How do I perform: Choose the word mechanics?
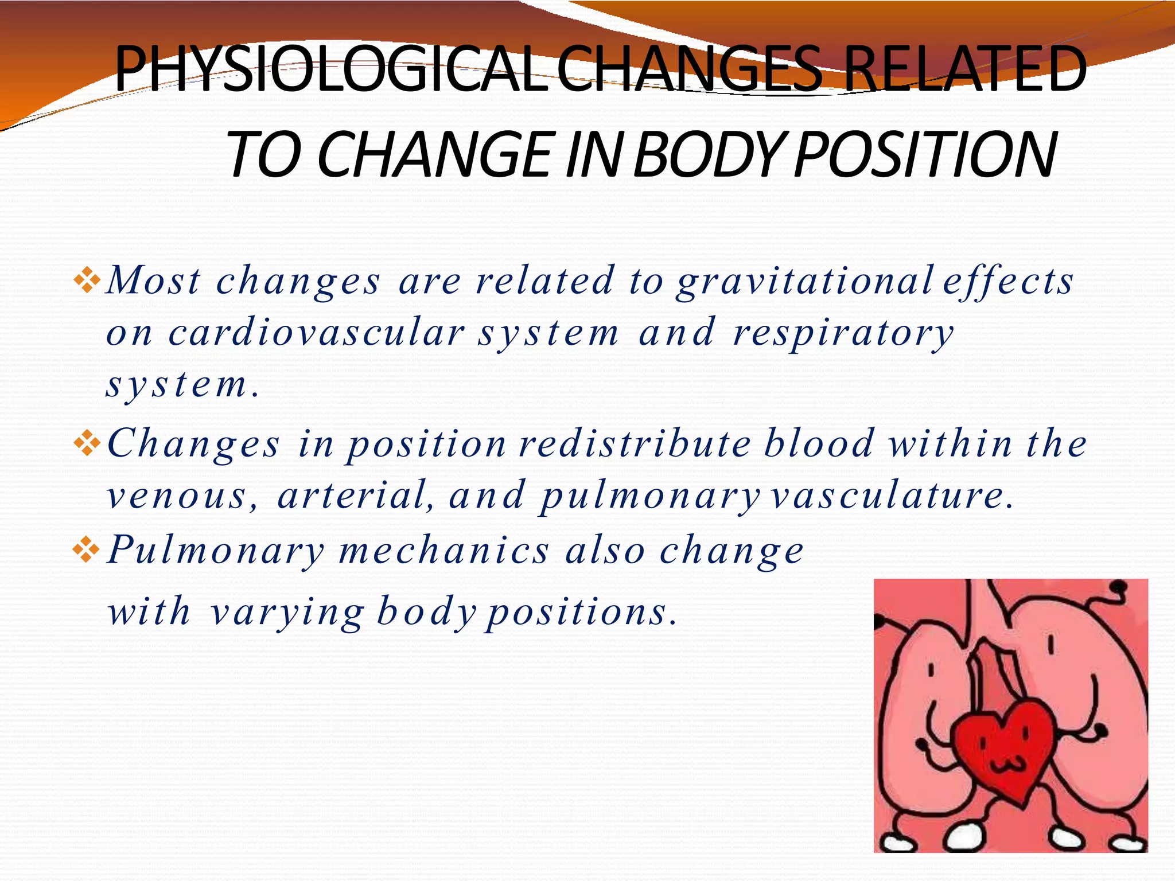(x=444, y=551)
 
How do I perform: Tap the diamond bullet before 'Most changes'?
(x=87, y=280)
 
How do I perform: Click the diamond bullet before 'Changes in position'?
(x=87, y=443)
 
